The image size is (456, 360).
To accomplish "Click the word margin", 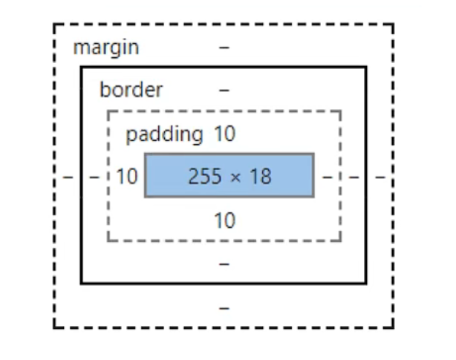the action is coord(106,48).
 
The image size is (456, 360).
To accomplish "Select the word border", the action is coord(131,91).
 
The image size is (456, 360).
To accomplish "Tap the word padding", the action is coord(164,134).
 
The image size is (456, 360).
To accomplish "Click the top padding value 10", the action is coord(224,134).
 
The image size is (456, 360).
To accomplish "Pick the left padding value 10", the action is coord(127,177).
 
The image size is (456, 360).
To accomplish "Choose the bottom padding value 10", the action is coord(224,220).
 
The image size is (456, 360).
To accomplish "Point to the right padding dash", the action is coord(327,177).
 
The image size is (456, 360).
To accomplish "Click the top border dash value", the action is coord(224,91).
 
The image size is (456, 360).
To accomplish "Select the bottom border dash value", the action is coord(224,264).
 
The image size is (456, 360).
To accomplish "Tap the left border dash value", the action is coord(94,177).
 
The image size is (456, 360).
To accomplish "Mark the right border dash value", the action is coord(354,177).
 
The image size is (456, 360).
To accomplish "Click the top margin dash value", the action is coord(224,48).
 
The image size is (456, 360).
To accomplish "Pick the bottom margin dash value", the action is coord(224,307).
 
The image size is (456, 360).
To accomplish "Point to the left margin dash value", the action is coord(67,177).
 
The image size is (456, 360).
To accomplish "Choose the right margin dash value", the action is coord(380,177).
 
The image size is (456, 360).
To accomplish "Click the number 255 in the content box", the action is coord(205,177).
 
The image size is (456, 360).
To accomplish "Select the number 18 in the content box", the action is coord(261,177).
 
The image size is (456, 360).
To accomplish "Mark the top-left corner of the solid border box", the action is coord(81,67).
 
